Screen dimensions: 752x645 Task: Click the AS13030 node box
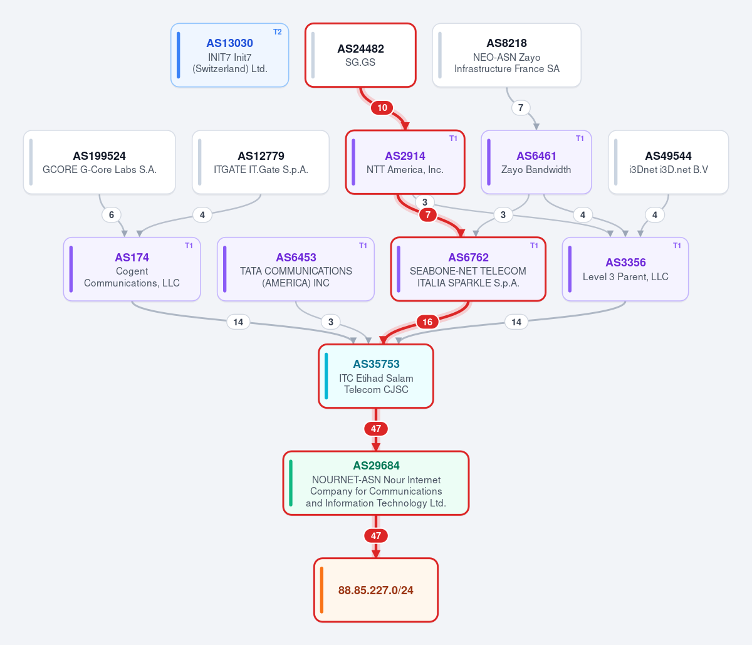[229, 55]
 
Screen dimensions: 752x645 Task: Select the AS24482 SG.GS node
[360, 55]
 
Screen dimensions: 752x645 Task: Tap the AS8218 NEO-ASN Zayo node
[506, 55]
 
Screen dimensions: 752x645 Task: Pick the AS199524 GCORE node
[99, 162]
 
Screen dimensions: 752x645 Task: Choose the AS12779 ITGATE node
[261, 162]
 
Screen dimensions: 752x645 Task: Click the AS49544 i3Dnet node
[668, 162]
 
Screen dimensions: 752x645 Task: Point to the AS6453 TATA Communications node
[296, 269]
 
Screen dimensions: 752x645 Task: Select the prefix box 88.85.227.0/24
[376, 590]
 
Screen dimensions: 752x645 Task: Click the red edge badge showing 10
[382, 108]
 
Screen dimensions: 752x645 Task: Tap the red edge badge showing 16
[427, 322]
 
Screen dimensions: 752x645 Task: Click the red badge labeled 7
[428, 215]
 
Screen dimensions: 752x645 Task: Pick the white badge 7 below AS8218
[521, 108]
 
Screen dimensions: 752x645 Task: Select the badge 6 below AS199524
[112, 215]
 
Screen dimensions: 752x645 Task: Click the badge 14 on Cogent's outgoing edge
[238, 322]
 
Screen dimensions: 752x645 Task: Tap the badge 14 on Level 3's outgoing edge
[516, 322]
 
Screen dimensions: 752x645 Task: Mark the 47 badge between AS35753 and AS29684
[376, 429]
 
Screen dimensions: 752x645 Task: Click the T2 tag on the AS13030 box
[277, 32]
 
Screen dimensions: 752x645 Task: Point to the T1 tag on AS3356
[677, 246]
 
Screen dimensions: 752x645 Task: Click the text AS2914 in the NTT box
[405, 156]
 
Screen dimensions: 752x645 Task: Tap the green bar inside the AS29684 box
[291, 483]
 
